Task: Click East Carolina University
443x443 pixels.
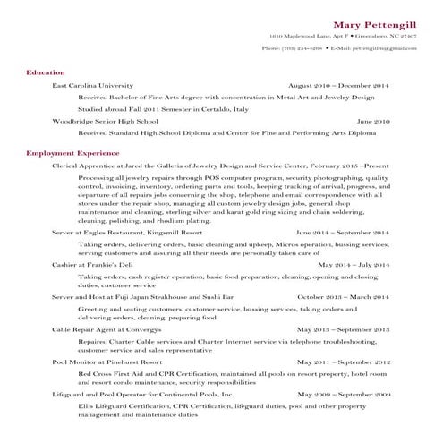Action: [98, 84]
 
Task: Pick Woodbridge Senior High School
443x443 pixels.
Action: [105, 120]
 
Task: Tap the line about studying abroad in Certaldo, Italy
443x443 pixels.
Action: [163, 107]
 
